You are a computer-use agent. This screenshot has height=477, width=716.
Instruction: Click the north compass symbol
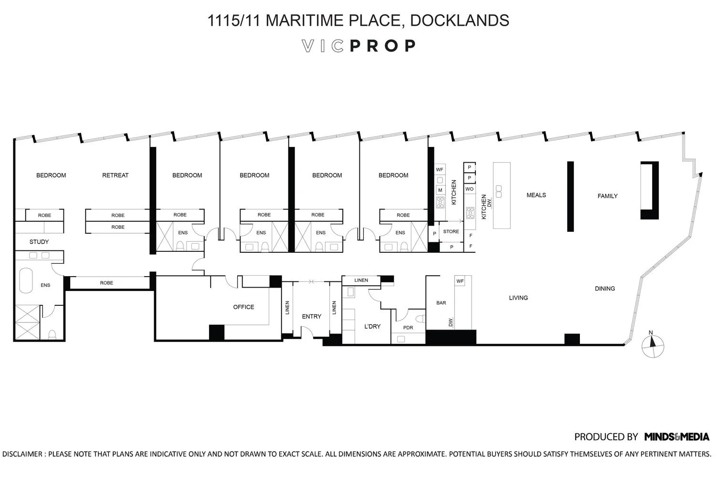pos(652,344)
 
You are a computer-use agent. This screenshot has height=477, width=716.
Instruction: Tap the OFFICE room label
pos(243,307)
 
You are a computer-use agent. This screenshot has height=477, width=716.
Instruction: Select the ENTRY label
pos(312,317)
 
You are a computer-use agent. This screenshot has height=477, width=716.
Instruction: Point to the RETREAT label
pos(116,176)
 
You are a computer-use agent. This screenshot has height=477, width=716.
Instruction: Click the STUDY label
pos(39,242)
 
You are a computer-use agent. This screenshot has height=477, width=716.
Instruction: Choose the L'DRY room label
pos(372,327)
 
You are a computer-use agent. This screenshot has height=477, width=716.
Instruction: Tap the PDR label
pos(408,328)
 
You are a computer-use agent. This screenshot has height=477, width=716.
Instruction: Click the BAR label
pos(441,303)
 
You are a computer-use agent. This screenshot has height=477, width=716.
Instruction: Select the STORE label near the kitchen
pos(451,232)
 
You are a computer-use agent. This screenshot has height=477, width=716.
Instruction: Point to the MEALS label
pos(536,195)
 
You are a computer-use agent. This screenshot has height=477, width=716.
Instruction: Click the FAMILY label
pos(607,196)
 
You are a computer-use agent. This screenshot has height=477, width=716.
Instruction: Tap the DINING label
pos(605,289)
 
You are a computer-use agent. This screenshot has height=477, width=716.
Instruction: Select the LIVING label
pos(518,298)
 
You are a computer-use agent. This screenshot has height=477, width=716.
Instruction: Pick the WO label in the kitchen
pos(469,189)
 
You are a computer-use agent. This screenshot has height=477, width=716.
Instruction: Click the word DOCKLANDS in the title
pos(459,21)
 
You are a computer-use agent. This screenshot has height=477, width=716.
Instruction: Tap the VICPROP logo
pos(359,46)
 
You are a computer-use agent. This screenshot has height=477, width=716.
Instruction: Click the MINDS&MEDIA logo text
pos(676,436)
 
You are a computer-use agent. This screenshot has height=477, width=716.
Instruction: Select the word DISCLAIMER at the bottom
pos(22,454)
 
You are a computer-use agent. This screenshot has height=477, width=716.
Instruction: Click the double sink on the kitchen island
pos(499,191)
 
